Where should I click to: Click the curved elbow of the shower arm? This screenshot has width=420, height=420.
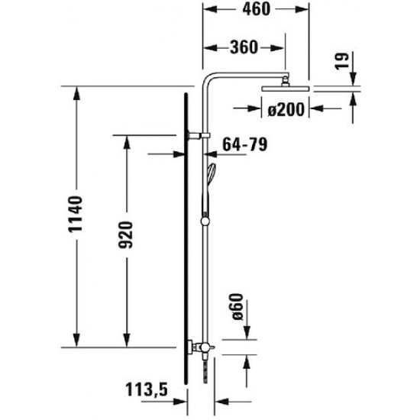(208, 79)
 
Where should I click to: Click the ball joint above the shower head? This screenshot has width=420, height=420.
(286, 79)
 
